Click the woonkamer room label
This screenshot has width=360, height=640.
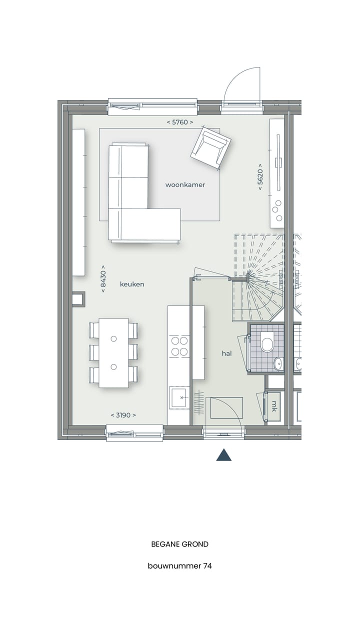[185, 184]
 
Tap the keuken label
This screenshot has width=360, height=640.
[132, 284]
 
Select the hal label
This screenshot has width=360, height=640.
[227, 353]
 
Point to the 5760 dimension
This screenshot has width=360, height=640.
[179, 121]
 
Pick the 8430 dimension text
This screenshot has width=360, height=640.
[103, 278]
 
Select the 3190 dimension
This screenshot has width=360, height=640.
[123, 415]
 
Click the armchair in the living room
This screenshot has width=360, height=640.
[210, 147]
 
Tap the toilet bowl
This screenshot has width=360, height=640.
[267, 343]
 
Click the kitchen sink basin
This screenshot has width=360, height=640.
[178, 398]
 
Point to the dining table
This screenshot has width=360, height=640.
[113, 353]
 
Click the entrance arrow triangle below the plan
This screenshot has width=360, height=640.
[223, 455]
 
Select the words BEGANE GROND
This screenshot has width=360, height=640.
[179, 544]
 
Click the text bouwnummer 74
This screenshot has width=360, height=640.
[179, 566]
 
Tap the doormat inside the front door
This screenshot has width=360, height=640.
[226, 407]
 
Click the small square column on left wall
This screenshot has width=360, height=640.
[78, 299]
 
